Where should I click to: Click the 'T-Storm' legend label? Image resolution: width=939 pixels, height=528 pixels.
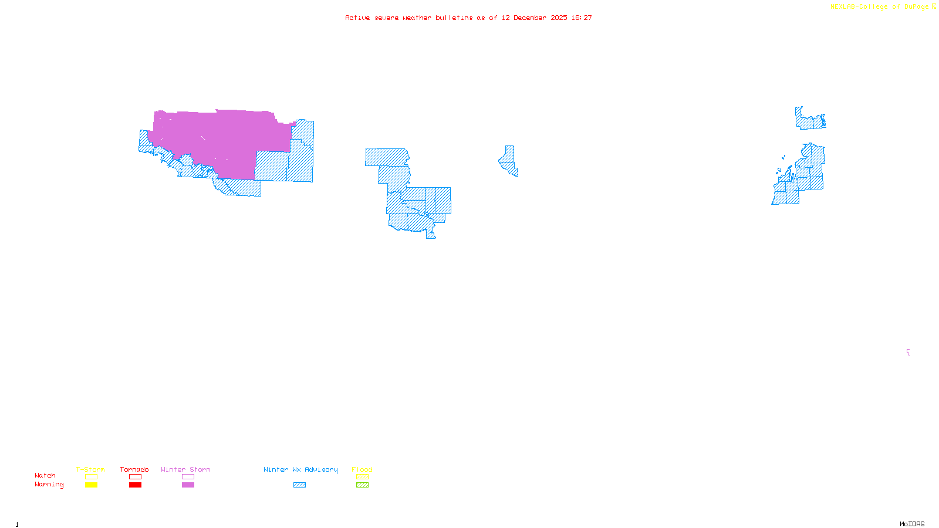click(90, 469)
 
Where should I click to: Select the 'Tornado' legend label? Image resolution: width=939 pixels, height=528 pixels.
click(134, 469)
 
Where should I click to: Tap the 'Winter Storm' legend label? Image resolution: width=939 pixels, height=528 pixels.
click(185, 469)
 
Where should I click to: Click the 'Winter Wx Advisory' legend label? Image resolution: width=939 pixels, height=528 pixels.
click(300, 469)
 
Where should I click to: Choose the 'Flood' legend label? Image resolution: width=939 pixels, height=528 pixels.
click(362, 469)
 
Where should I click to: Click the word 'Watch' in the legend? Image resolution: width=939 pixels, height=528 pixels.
click(45, 476)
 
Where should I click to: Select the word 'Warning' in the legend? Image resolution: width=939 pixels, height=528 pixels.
click(49, 485)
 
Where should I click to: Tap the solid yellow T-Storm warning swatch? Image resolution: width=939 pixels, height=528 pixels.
click(91, 485)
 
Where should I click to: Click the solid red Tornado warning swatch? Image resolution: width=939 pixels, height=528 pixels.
click(135, 485)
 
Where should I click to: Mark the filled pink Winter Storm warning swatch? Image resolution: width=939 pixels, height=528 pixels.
click(188, 485)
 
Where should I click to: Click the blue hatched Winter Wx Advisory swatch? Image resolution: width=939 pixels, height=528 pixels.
click(299, 485)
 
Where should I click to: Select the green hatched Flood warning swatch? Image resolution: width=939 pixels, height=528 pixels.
click(362, 485)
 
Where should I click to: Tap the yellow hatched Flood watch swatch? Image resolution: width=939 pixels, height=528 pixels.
click(362, 477)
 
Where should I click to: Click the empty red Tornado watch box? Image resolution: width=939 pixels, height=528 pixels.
click(135, 477)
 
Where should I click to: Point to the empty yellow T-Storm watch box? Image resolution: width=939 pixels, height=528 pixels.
click(91, 477)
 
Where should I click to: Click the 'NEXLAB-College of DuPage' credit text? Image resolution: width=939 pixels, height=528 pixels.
click(880, 7)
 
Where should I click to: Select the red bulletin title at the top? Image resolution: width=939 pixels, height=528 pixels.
click(468, 18)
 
